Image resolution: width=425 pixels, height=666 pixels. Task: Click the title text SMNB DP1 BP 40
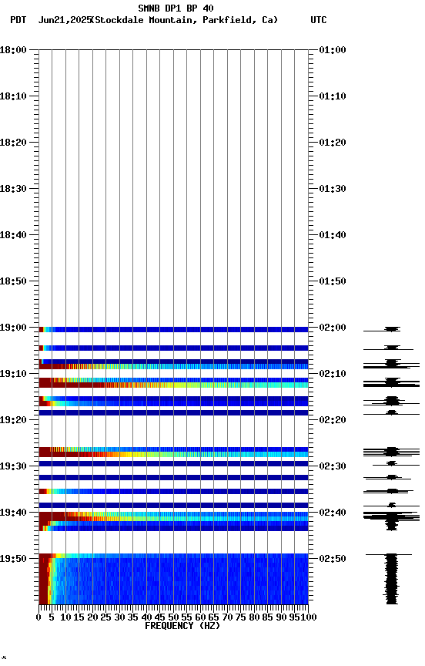pyautogui.click(x=176, y=8)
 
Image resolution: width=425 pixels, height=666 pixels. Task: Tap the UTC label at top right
pyautogui.click(x=318, y=20)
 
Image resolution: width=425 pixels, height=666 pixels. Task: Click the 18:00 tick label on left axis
pyautogui.click(x=14, y=50)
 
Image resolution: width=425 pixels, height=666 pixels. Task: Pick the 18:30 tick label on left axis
pyautogui.click(x=14, y=189)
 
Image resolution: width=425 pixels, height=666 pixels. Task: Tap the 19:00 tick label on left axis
pyautogui.click(x=14, y=328)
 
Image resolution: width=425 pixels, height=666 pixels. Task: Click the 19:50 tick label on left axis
pyautogui.click(x=14, y=559)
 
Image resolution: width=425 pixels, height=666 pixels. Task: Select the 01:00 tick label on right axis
pyautogui.click(x=332, y=50)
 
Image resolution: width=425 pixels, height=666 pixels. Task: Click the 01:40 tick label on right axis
pyautogui.click(x=332, y=235)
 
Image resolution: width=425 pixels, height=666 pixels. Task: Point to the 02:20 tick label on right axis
pyautogui.click(x=332, y=420)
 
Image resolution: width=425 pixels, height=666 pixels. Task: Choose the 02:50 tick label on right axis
pyautogui.click(x=332, y=559)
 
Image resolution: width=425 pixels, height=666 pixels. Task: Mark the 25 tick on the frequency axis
pyautogui.click(x=106, y=617)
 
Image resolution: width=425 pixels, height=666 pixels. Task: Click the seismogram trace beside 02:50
pyautogui.click(x=392, y=578)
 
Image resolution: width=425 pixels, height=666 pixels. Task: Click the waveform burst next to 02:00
pyautogui.click(x=392, y=329)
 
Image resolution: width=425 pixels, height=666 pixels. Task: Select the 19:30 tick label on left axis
pyautogui.click(x=14, y=466)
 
